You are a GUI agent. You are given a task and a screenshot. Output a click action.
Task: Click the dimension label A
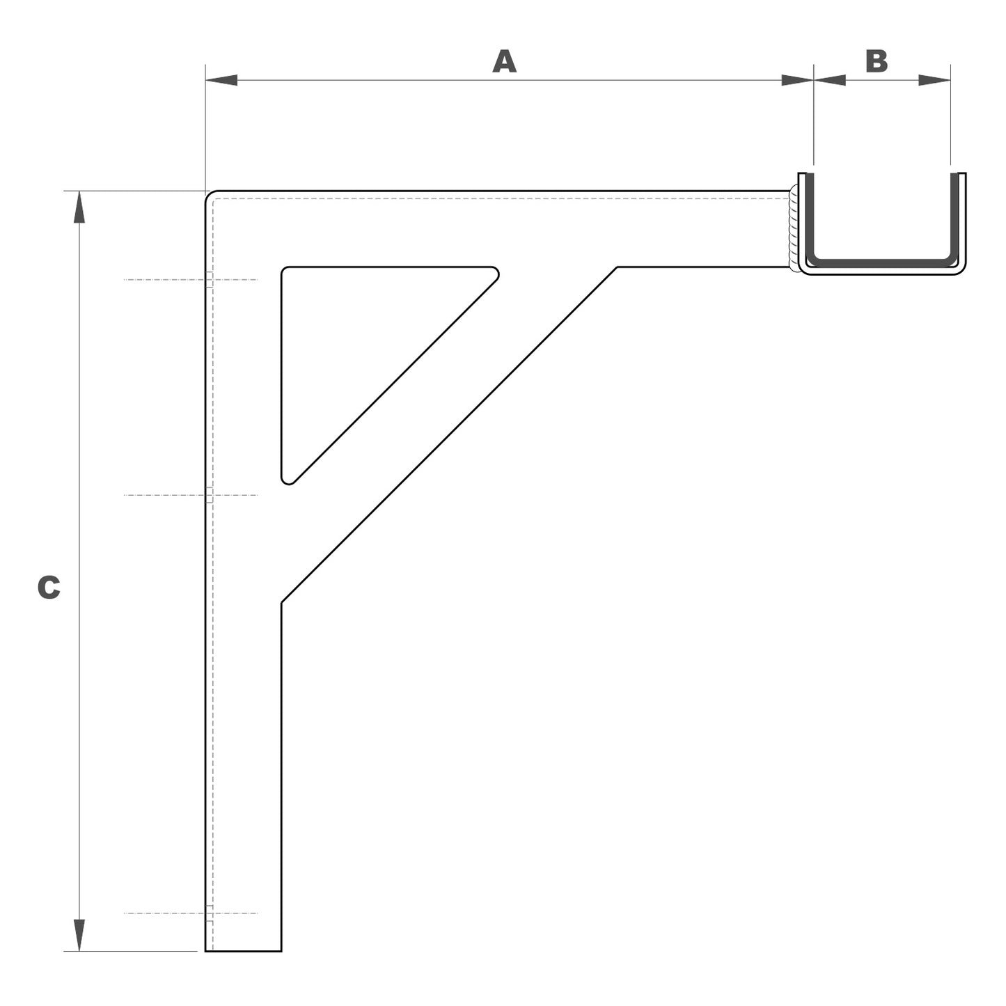click(504, 61)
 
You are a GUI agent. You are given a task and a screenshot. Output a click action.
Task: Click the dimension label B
click(877, 61)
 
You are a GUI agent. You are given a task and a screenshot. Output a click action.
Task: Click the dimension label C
click(49, 588)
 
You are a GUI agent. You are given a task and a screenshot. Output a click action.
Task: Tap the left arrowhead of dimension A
click(221, 80)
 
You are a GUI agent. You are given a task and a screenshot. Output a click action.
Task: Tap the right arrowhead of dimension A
click(797, 80)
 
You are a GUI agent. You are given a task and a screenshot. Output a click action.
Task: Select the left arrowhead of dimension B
click(829, 80)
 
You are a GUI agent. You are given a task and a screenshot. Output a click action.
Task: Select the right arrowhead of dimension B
click(934, 80)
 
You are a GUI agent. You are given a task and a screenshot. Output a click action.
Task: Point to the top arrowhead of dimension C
click(79, 207)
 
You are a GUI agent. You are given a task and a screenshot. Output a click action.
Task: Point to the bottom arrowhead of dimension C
click(79, 934)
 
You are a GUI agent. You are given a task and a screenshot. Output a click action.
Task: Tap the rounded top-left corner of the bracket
click(210, 195)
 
